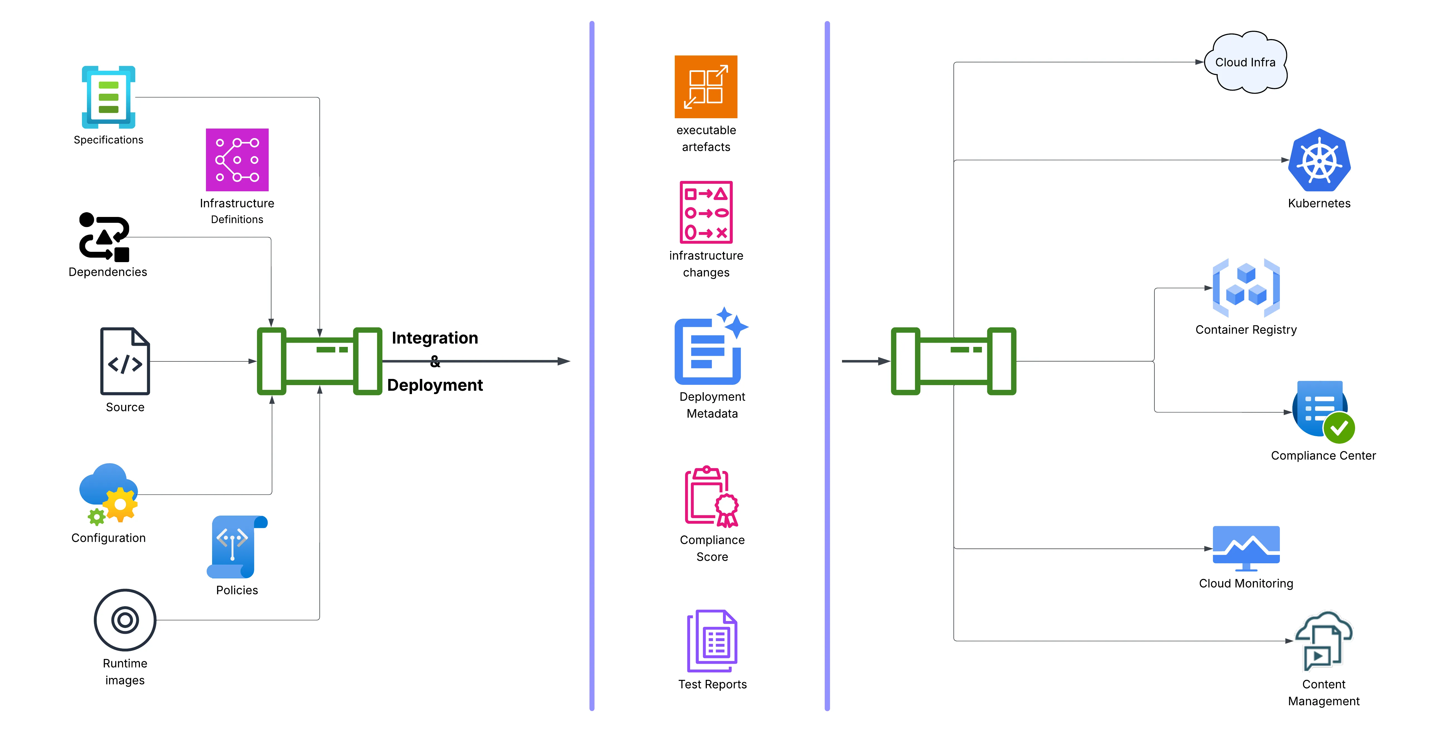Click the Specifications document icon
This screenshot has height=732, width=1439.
pos(108,97)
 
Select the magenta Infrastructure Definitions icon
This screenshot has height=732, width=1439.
pos(237,160)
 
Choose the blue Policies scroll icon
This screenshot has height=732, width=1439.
pos(237,547)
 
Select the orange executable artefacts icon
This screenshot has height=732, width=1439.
pos(706,87)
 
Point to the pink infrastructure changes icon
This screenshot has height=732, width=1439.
pos(706,212)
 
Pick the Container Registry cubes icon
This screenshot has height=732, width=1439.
pos(1246,288)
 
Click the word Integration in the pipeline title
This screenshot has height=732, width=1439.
pos(435,338)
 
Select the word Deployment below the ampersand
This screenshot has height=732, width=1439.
pos(435,385)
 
